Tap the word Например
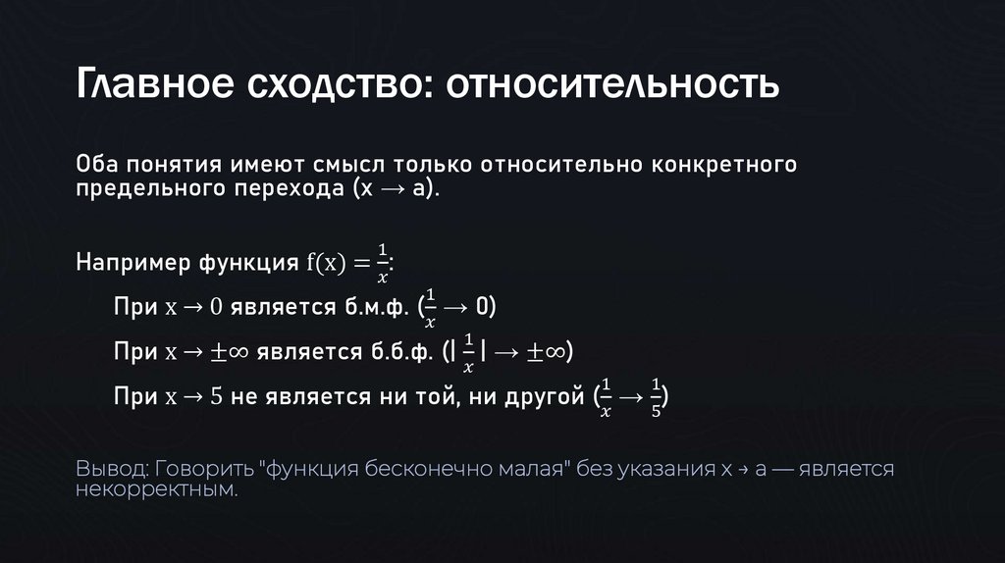(134, 262)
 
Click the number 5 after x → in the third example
(218, 398)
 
